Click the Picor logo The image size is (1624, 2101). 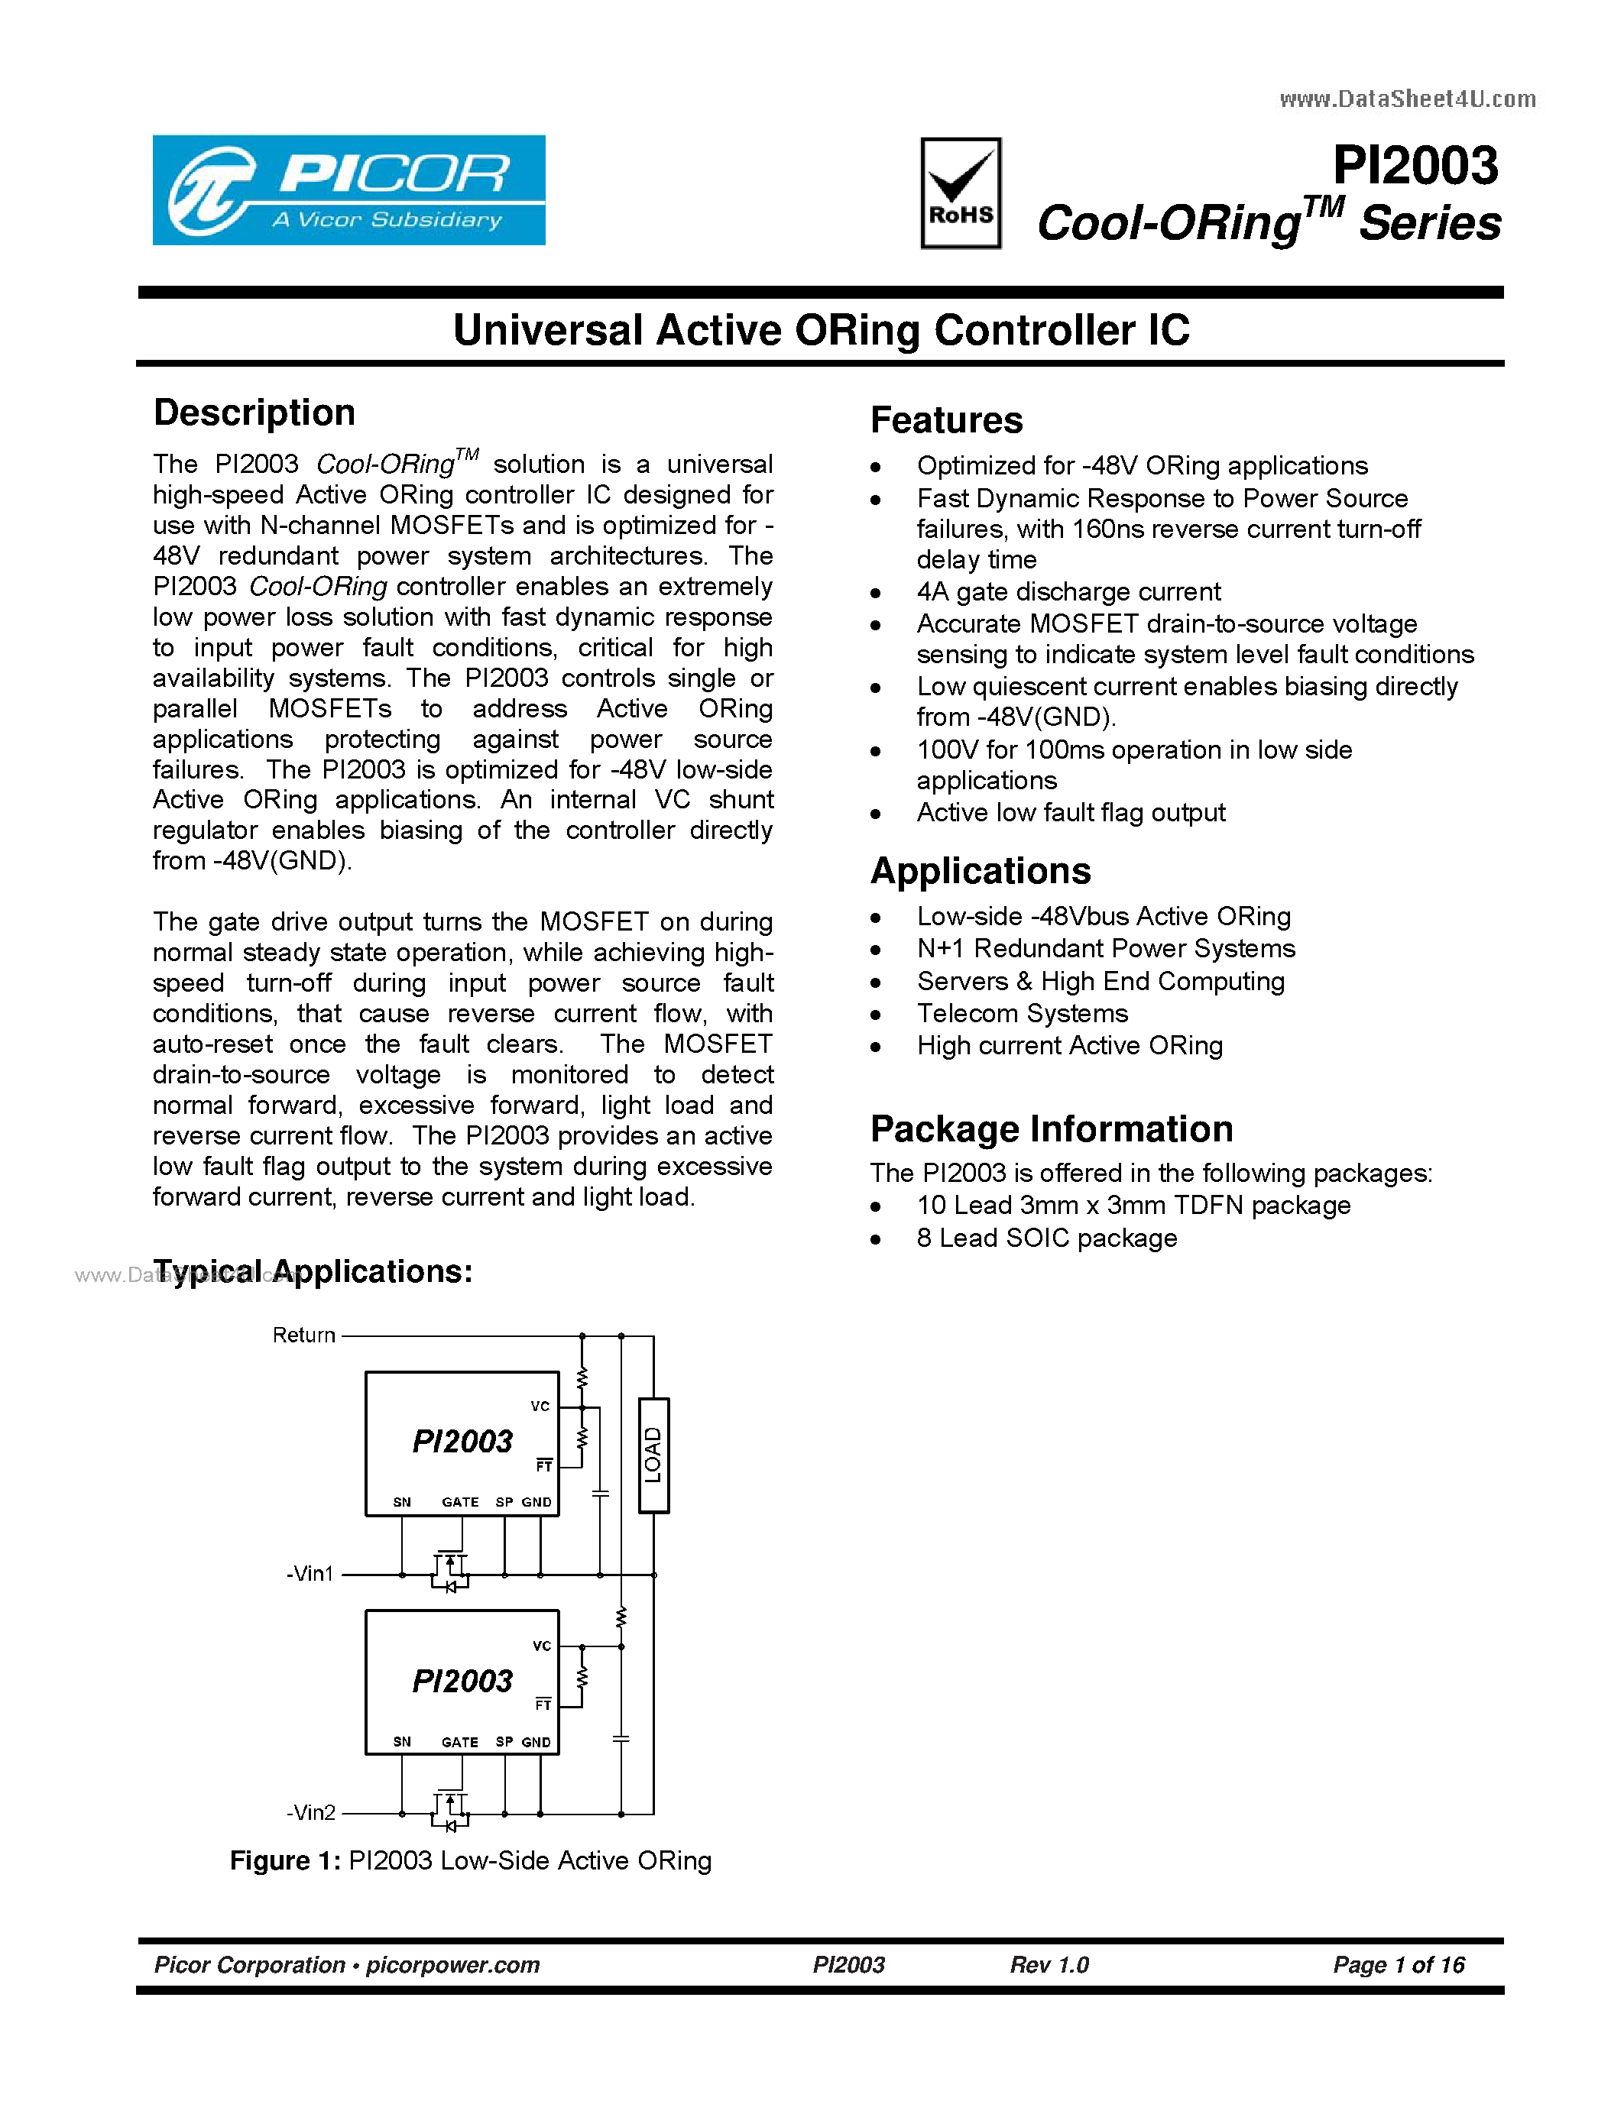coord(348,189)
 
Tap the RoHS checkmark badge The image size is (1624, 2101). coord(960,193)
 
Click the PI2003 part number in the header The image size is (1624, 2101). coord(1415,166)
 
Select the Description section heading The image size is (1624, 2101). coord(254,413)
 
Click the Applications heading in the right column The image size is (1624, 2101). coord(980,871)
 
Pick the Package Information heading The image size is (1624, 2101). coord(1051,1128)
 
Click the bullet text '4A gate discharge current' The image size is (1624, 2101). coord(1068,591)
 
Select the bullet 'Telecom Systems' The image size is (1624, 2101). coord(1022,1013)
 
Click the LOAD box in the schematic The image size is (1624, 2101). coord(653,1455)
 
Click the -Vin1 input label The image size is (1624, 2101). coord(310,1574)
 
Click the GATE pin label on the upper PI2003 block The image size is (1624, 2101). coord(460,1502)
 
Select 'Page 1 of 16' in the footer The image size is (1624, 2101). coord(1398,1964)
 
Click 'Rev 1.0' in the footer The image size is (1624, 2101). coord(1049,1964)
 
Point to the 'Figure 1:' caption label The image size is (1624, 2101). coord(285,1860)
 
